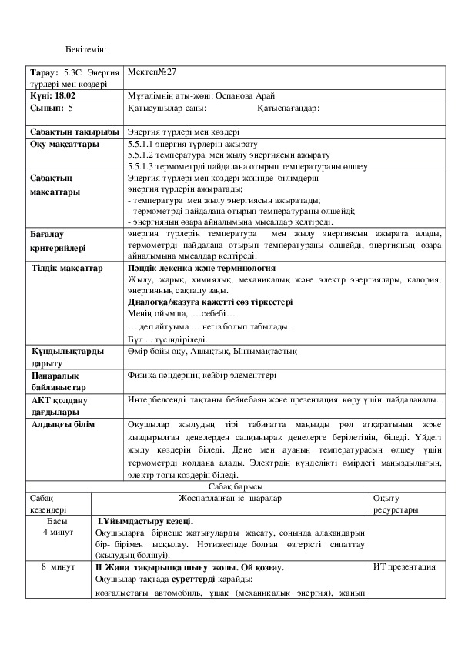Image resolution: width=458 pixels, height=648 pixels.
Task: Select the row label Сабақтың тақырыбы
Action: pyautogui.click(x=75, y=132)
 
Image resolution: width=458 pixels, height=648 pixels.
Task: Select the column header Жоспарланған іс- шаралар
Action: pyautogui.click(x=229, y=499)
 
